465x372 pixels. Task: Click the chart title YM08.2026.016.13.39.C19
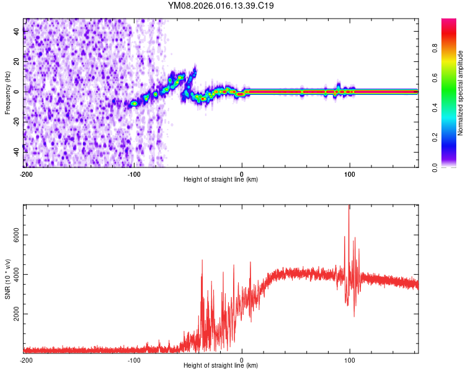pos(221,6)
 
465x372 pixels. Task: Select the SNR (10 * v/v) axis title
pos(7,279)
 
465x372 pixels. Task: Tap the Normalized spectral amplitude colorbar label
pos(460,93)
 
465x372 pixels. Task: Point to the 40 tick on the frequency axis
pos(16,32)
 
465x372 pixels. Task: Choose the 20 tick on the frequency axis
pos(16,62)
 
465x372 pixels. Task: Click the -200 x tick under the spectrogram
pos(25,174)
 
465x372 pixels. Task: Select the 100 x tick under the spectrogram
pos(350,174)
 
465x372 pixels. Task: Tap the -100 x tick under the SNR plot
pos(133,360)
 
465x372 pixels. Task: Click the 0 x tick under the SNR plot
pos(242,360)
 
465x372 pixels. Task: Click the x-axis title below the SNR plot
pos(221,366)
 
